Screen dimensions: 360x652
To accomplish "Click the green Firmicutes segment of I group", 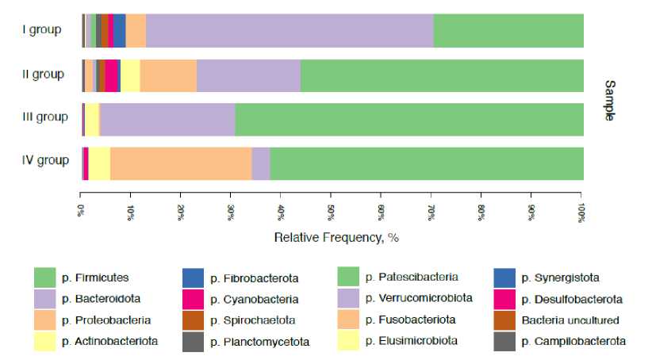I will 508,31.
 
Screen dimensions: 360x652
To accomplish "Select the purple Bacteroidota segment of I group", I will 290,31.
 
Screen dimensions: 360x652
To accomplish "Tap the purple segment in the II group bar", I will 248,75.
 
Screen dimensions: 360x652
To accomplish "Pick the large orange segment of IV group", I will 181,163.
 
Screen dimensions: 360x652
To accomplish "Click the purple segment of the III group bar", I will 167,119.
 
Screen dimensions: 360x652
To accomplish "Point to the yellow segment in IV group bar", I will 99,163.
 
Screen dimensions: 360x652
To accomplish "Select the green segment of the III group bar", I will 408,119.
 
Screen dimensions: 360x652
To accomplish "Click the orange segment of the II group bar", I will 168,75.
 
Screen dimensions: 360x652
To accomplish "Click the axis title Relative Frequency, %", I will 331,237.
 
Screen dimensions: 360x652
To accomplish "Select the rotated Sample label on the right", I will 609,100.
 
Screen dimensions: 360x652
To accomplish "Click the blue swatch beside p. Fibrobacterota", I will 194,278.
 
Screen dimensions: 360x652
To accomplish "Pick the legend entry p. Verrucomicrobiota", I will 419,299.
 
